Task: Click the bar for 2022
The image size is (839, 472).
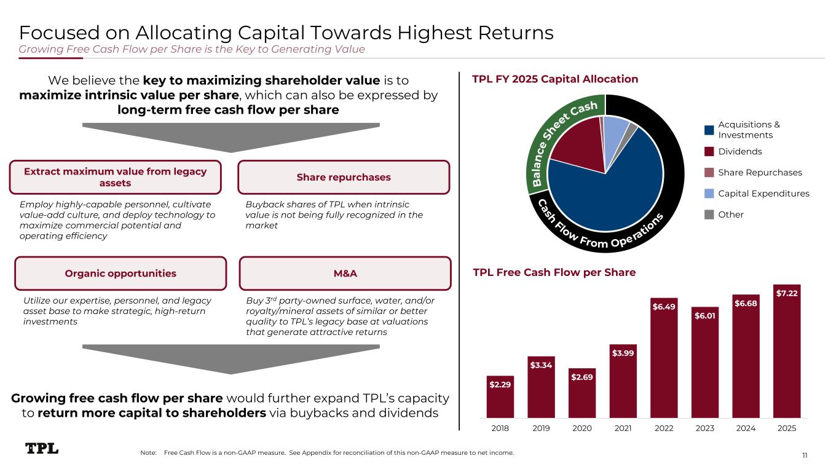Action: (x=664, y=358)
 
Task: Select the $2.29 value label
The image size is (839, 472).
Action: (x=500, y=384)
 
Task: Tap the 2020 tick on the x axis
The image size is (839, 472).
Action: (x=582, y=428)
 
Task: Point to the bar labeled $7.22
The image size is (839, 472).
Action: (x=787, y=352)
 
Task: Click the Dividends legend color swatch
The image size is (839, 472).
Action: (x=709, y=151)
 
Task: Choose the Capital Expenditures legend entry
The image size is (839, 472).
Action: (x=757, y=194)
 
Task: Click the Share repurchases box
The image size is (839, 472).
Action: (x=344, y=177)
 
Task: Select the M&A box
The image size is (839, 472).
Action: (x=345, y=273)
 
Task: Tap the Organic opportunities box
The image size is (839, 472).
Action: (x=120, y=273)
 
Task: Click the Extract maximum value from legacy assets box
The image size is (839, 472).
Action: (x=116, y=177)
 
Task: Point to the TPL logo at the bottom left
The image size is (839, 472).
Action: (x=42, y=448)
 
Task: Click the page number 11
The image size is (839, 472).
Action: (x=805, y=455)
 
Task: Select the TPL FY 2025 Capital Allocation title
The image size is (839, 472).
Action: (x=555, y=79)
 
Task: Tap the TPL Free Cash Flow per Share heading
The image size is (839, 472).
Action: (x=554, y=272)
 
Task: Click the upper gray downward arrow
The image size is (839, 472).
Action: (x=231, y=138)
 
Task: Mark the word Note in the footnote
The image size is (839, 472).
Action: (x=148, y=452)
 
